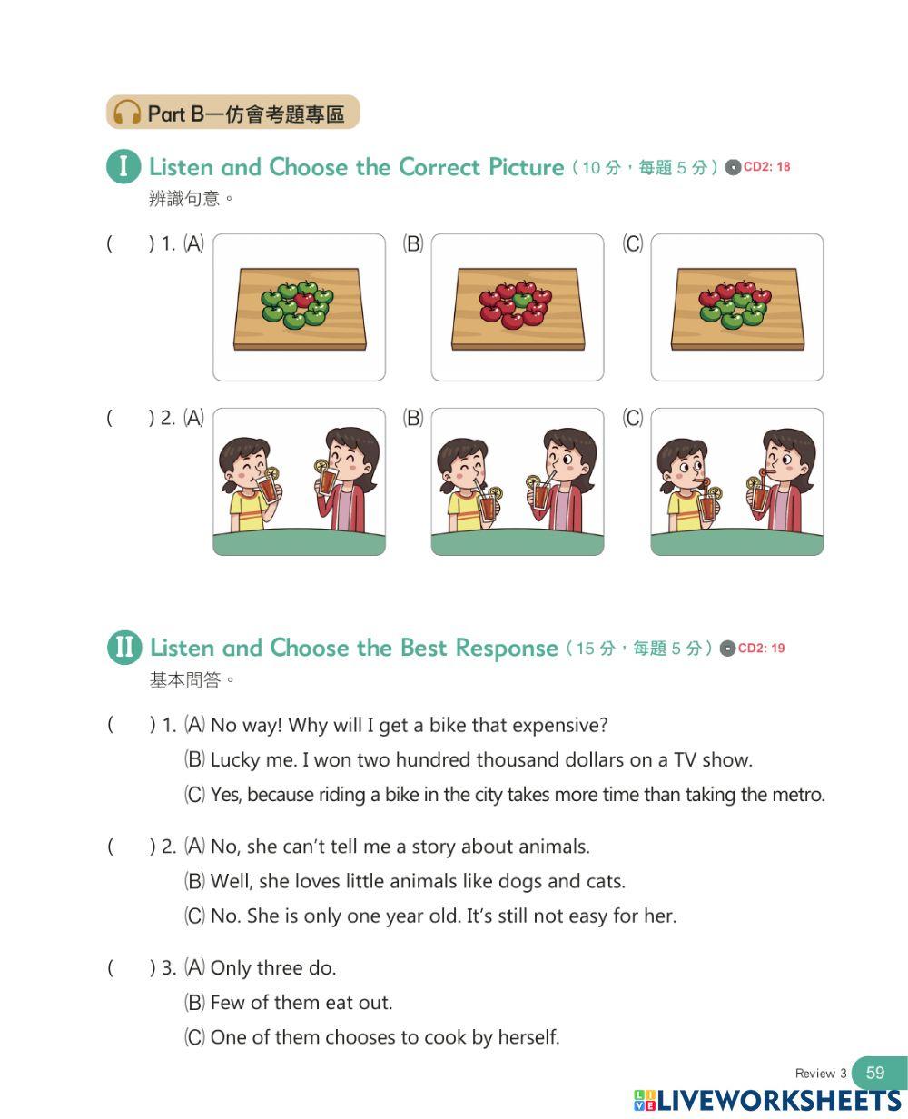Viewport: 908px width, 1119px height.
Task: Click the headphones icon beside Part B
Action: pyautogui.click(x=127, y=113)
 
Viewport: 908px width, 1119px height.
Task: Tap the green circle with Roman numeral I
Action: pyautogui.click(x=123, y=166)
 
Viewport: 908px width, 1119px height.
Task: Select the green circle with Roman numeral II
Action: pyautogui.click(x=124, y=647)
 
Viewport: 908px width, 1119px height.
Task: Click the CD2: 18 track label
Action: pyautogui.click(x=766, y=166)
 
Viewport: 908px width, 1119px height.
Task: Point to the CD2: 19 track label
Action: pyautogui.click(x=761, y=648)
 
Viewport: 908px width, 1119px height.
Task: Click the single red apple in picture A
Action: pyautogui.click(x=303, y=300)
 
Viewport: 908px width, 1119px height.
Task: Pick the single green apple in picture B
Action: pyautogui.click(x=522, y=300)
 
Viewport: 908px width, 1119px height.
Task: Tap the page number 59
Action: pyautogui.click(x=875, y=1072)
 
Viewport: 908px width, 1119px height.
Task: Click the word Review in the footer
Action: pyautogui.click(x=815, y=1073)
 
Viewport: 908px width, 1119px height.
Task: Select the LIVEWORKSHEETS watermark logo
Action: pyautogui.click(x=768, y=1101)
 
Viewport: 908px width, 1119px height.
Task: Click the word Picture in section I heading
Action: pyautogui.click(x=527, y=167)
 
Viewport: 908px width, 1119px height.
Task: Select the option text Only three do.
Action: pyautogui.click(x=273, y=968)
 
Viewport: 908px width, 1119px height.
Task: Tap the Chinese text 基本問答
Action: pyautogui.click(x=185, y=679)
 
